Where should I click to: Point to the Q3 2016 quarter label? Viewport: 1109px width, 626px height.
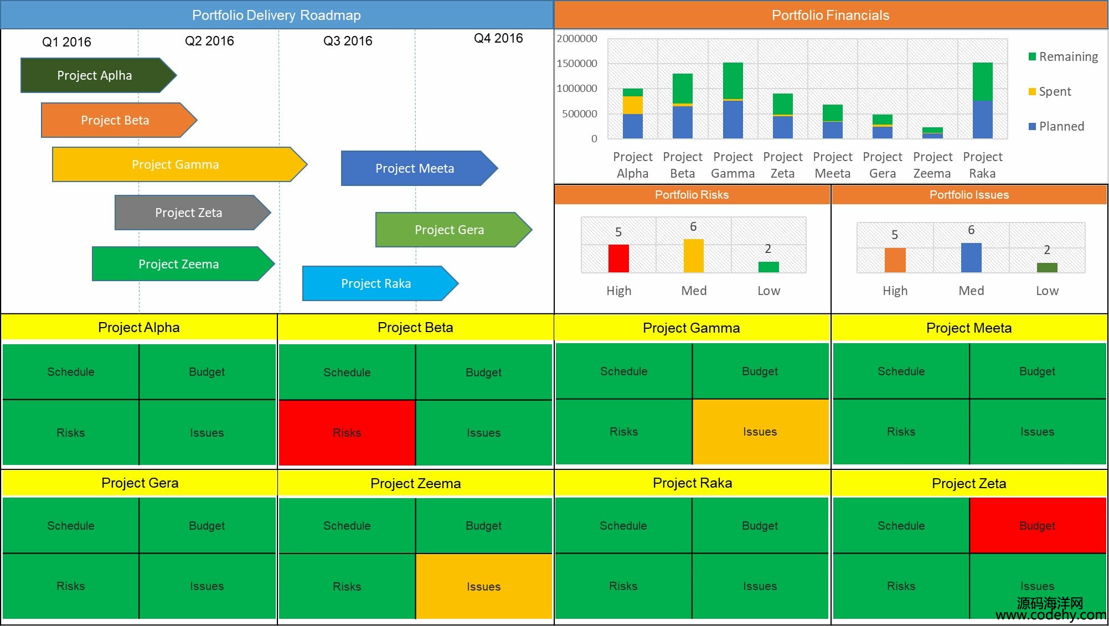348,41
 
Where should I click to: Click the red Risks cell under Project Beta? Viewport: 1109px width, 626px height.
347,432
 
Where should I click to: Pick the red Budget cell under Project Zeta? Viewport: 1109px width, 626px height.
1037,525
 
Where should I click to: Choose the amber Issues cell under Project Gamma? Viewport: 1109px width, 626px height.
760,431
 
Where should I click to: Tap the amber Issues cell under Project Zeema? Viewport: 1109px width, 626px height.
483,586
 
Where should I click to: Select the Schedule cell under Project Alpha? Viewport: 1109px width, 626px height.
71,371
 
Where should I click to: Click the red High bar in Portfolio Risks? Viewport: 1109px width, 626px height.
618,258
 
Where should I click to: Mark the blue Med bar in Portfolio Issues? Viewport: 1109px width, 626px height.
971,257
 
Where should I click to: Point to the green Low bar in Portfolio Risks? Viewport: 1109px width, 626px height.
768,267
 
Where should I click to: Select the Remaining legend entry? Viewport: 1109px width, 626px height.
1063,56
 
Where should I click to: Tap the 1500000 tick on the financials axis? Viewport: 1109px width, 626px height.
577,63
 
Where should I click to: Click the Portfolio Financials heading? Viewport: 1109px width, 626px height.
831,15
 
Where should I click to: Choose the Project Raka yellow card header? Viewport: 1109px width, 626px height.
692,483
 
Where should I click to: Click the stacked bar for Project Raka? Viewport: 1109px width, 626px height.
982,100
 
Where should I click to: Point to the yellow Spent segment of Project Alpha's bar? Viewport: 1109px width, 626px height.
632,105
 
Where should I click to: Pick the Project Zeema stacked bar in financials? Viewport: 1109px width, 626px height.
932,133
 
